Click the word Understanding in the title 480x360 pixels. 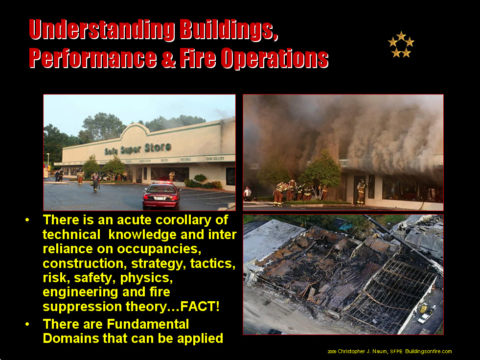click(x=102, y=30)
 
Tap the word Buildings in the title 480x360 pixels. click(x=229, y=30)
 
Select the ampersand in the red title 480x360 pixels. click(x=168, y=58)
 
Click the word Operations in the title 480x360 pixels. click(x=274, y=58)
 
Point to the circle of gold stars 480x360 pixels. click(x=401, y=45)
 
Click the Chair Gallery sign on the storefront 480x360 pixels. click(x=215, y=158)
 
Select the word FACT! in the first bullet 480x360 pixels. click(x=200, y=307)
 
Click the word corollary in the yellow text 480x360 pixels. click(x=192, y=220)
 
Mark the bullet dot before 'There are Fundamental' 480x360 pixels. click(x=27, y=324)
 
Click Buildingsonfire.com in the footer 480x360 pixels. click(x=429, y=351)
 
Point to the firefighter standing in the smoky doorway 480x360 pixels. click(x=361, y=192)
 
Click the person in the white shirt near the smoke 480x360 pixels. click(x=247, y=193)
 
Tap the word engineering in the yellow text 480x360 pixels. click(x=81, y=292)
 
